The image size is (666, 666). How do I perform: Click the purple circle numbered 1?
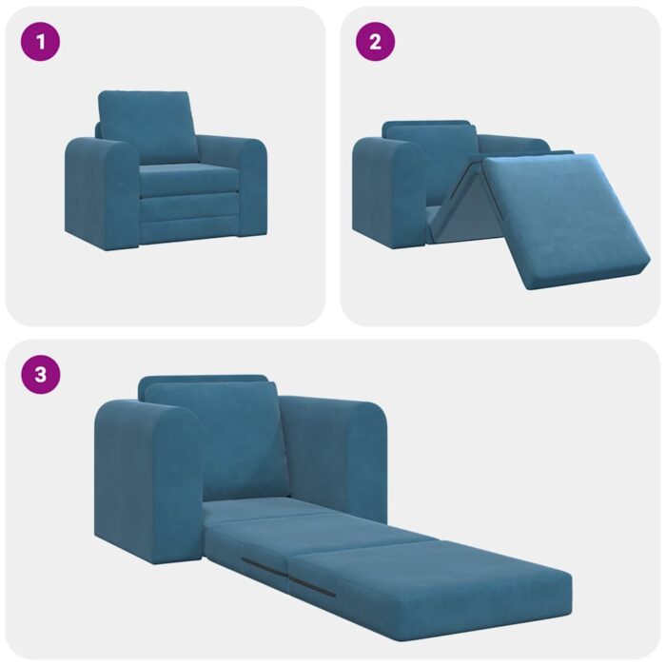tap(40, 42)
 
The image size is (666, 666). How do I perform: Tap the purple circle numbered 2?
tap(375, 42)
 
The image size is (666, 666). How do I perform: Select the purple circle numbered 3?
tap(40, 374)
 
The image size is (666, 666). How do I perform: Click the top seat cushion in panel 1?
tap(188, 178)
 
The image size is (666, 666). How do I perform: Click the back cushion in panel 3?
tap(217, 438)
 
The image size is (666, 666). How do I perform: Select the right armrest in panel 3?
tap(343, 452)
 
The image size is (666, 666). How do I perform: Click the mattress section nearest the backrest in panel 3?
tap(257, 509)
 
